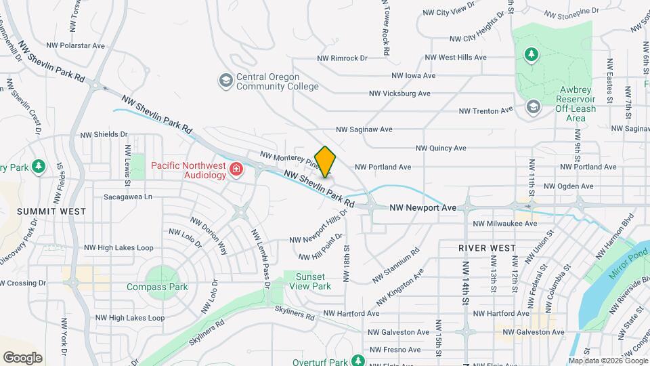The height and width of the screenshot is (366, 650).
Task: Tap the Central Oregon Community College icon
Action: click(x=225, y=81)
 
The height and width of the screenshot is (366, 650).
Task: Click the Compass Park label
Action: click(x=157, y=287)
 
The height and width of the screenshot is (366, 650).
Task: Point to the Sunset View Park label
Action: click(x=312, y=281)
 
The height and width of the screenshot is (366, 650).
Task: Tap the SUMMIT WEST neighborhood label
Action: click(x=51, y=211)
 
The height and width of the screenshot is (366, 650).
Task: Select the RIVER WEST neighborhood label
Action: click(x=486, y=248)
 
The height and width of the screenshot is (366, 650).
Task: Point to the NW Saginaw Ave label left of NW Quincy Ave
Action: click(x=364, y=129)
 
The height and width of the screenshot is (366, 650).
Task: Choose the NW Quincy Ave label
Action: click(x=441, y=148)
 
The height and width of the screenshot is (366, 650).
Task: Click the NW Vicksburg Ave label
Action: click(x=399, y=94)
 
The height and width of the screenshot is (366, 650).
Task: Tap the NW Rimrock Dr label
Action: click(x=342, y=58)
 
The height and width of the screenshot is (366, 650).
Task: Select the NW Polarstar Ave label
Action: click(x=75, y=45)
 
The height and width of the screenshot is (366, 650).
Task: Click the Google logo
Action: click(x=22, y=358)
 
